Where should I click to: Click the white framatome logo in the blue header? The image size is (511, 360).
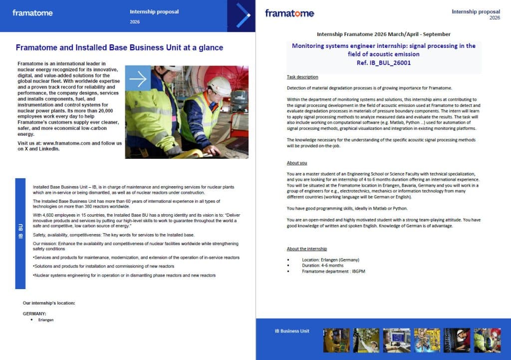32,13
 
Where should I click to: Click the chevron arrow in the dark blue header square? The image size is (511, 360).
243,15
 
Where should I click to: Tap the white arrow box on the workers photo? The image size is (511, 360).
138,78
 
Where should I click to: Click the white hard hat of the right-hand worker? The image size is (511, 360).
220,86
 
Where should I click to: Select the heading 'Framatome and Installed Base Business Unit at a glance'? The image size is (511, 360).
119,48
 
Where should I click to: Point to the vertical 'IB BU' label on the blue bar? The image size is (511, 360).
20,234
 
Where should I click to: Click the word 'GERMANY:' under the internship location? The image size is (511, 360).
35,314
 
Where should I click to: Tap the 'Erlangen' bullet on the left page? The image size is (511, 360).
46,320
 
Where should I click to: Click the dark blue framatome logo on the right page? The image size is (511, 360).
289,13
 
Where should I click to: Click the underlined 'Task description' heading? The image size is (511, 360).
302,77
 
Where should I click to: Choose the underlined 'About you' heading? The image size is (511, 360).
297,163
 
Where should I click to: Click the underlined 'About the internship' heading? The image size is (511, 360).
307,249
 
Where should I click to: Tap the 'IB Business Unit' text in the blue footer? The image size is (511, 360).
292,331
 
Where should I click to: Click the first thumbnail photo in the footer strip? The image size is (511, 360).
336,341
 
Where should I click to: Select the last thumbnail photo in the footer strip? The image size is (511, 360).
487,341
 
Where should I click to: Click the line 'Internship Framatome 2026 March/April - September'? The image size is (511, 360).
383,34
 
